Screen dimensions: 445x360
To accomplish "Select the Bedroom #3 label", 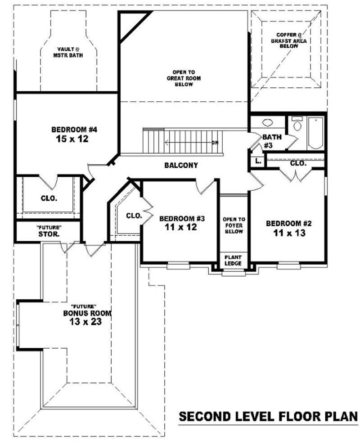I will (182, 219).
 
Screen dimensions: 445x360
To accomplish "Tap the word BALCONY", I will (181, 165).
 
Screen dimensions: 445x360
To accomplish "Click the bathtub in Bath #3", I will (315, 133).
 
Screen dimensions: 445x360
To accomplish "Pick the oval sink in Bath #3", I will (267, 122).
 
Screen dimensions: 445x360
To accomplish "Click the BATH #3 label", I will (271, 140).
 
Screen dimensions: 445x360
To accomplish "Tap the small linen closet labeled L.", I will (257, 161).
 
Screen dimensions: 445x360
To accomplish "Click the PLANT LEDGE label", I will (233, 260).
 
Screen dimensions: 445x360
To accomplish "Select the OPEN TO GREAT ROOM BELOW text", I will (184, 78).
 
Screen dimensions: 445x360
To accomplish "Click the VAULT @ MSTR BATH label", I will (70, 52).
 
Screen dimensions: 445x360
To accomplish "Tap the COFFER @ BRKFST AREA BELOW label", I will (289, 40).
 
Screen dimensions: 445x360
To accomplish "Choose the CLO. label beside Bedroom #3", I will (134, 216).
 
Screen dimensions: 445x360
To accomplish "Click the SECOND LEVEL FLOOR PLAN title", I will (268, 416).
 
